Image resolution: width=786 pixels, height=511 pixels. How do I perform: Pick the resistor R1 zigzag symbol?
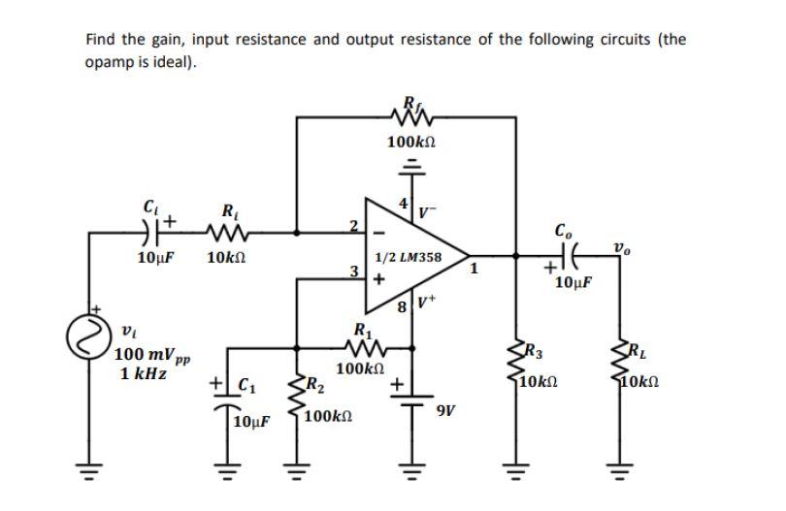(362, 344)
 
